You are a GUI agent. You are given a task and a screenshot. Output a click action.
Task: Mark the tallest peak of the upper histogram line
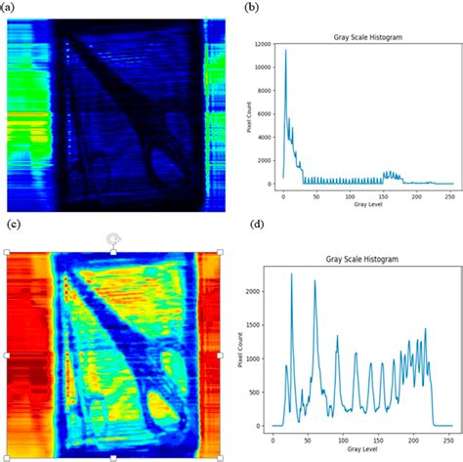tap(285, 51)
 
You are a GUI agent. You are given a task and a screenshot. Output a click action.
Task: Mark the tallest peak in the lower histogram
tap(291, 274)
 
